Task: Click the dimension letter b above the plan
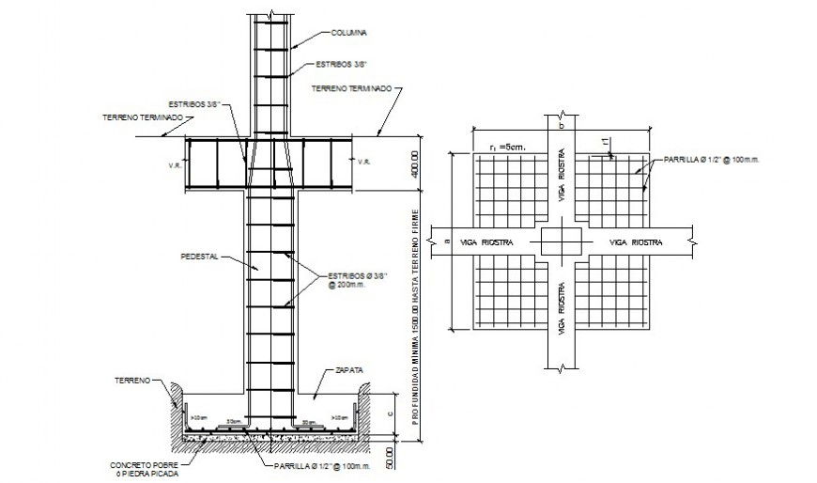pyautogui.click(x=559, y=124)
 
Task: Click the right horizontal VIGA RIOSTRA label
pyautogui.click(x=636, y=242)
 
